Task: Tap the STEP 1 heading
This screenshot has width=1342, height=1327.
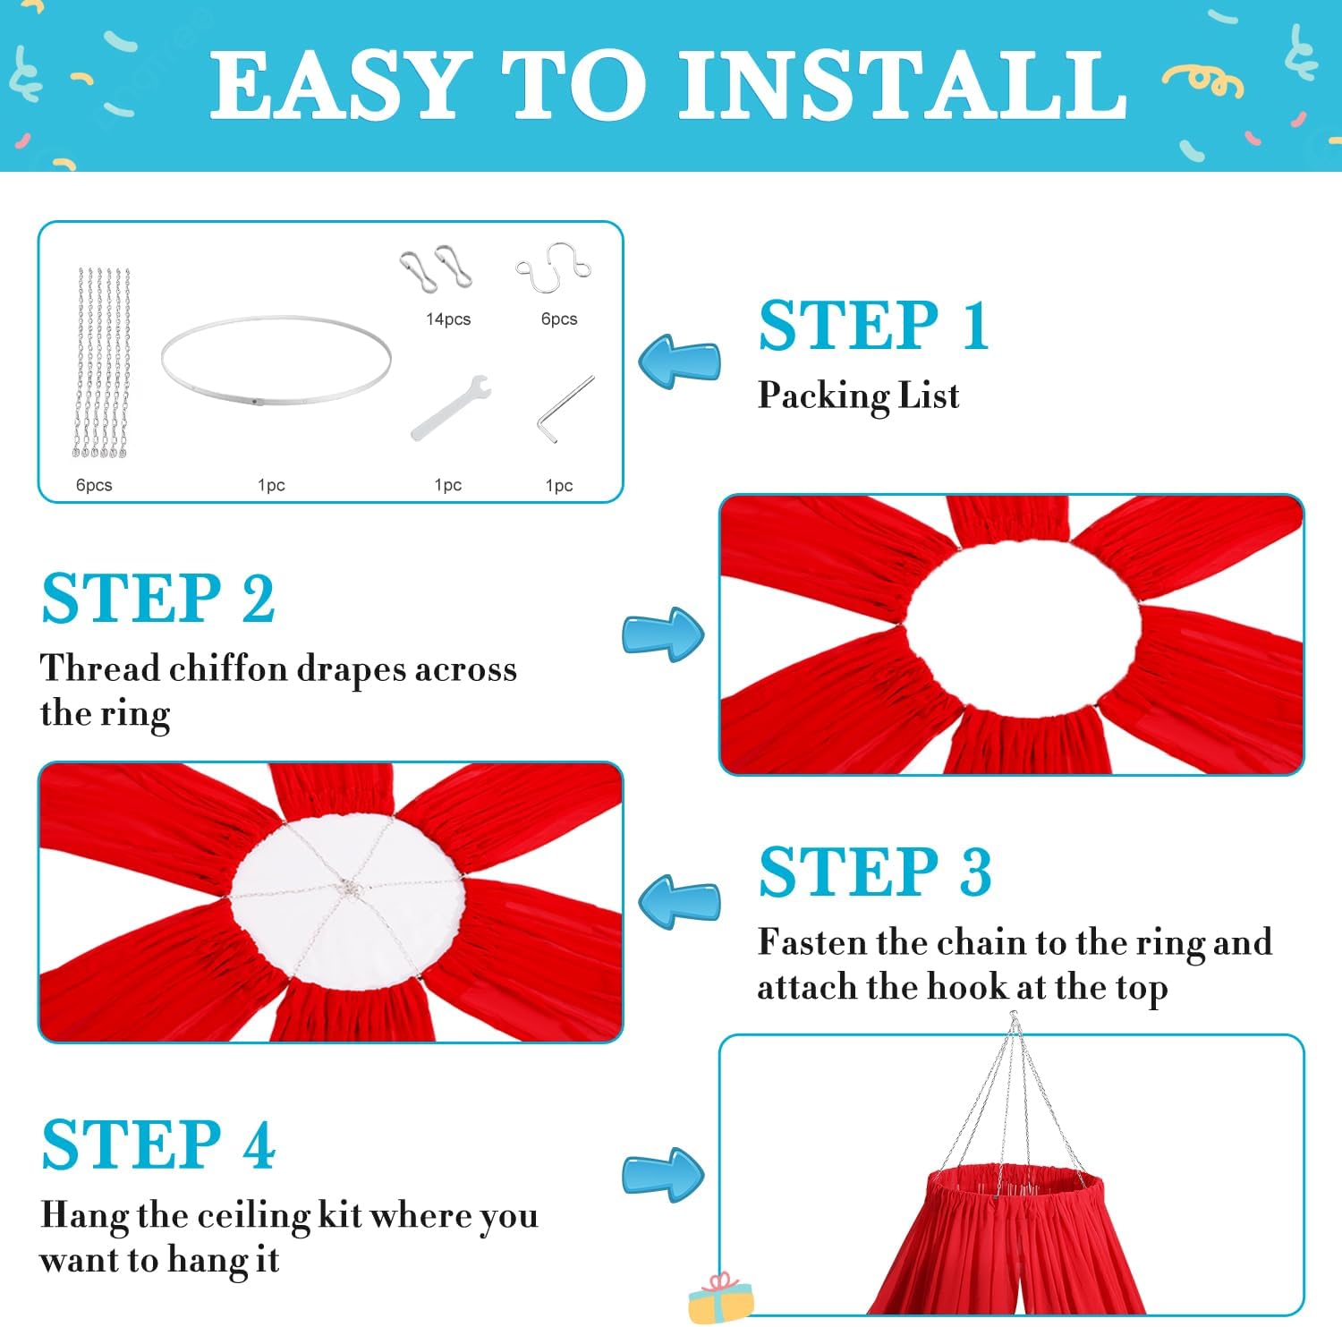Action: click(873, 326)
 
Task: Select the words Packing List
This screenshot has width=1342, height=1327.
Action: click(858, 396)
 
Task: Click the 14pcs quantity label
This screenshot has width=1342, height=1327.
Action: click(447, 319)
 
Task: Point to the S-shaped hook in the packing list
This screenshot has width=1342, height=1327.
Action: click(555, 268)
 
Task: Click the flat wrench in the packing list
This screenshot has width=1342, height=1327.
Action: click(450, 407)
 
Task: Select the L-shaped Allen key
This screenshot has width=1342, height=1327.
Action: click(565, 409)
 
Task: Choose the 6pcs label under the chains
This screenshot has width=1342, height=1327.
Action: click(94, 485)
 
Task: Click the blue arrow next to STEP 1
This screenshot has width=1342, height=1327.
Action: click(679, 362)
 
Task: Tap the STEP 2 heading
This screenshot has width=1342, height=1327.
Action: click(158, 599)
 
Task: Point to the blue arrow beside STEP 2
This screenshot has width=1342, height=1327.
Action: click(663, 634)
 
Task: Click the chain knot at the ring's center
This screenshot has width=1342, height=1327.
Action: click(347, 889)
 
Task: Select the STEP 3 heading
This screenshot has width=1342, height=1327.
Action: click(875, 872)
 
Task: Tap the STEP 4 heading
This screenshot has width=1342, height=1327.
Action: click(158, 1144)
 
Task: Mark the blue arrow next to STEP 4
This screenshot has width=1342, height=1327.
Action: click(663, 1174)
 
